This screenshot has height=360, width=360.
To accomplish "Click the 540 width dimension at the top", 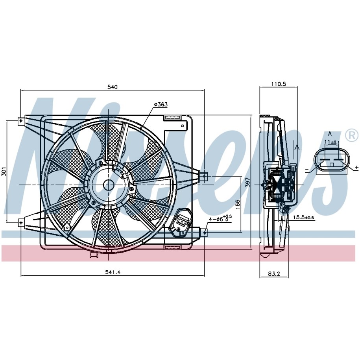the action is (113, 87).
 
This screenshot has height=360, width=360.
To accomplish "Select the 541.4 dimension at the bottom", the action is (113, 272).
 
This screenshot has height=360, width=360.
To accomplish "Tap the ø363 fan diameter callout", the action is (161, 105).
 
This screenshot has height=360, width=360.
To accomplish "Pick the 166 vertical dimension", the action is (238, 204).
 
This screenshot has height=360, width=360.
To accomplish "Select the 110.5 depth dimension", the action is (279, 84).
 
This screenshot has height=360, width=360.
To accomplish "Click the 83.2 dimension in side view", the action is (274, 274).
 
